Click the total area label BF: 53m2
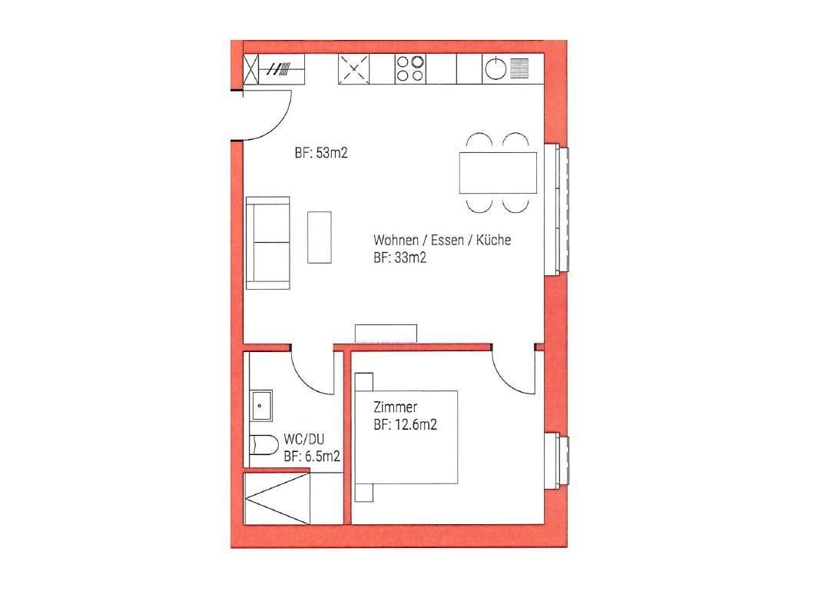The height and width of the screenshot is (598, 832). [x=321, y=153]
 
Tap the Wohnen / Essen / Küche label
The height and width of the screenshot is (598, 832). [x=442, y=240]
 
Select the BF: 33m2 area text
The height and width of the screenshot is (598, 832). [x=400, y=258]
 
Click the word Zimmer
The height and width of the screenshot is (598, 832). [x=396, y=407]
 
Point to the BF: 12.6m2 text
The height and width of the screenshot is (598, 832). [x=406, y=425]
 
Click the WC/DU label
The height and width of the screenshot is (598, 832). [x=304, y=439]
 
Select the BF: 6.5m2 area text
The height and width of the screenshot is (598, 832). [x=312, y=457]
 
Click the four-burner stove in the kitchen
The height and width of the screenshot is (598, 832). [x=410, y=69]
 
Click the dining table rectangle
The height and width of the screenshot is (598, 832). [x=498, y=173]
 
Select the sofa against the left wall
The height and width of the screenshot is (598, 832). [x=268, y=243]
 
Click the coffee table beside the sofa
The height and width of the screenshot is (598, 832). [x=320, y=237]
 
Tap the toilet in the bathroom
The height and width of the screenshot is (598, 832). [x=264, y=445]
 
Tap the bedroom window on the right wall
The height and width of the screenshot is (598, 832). [x=557, y=461]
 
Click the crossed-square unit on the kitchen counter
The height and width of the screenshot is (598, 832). [x=354, y=69]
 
